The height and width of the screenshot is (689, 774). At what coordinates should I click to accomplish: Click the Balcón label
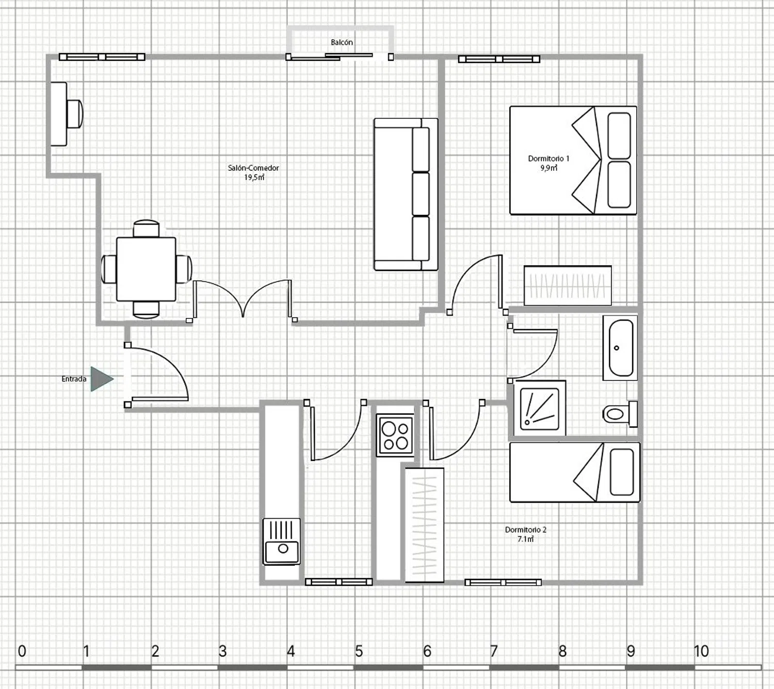[342, 42]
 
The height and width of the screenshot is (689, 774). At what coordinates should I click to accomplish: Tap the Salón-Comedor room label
[253, 168]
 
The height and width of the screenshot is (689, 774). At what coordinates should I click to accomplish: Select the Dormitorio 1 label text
[549, 158]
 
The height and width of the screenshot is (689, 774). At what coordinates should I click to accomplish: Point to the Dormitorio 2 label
[526, 530]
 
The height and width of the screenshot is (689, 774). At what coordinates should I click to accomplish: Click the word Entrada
[74, 379]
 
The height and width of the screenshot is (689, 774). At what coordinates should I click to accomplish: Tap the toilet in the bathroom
[620, 414]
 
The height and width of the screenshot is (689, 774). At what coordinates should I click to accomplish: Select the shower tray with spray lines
[539, 409]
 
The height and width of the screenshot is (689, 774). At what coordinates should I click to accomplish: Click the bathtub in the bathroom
[620, 348]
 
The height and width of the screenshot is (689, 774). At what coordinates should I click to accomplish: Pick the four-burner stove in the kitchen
[395, 435]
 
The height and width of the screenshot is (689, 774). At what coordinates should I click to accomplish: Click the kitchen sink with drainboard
[282, 541]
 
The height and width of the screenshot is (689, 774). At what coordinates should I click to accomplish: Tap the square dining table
[146, 269]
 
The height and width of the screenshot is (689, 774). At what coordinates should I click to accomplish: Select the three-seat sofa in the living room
[406, 194]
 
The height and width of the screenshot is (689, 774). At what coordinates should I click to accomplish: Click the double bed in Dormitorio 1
[573, 160]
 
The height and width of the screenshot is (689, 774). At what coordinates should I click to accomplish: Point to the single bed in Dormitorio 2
[575, 472]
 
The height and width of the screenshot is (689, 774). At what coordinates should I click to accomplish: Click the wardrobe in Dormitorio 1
[568, 285]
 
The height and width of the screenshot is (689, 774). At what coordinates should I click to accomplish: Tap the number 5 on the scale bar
[359, 651]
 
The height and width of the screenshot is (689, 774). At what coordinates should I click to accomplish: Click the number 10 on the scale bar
[701, 651]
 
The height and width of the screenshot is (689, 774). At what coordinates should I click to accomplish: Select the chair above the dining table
[147, 229]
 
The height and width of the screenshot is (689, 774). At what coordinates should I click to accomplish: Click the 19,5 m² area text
[254, 178]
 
